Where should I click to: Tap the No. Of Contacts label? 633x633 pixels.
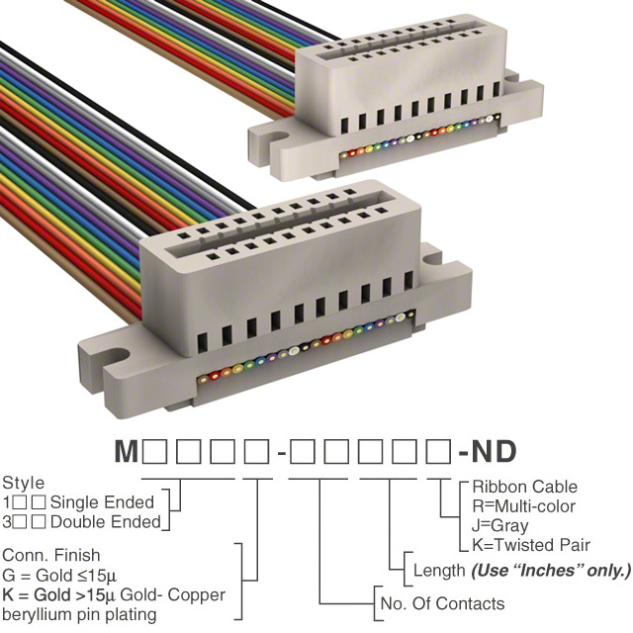(442, 603)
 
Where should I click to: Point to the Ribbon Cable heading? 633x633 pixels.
(524, 487)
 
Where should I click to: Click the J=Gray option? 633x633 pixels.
(499, 525)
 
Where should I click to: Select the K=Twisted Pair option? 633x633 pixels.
(531, 545)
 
